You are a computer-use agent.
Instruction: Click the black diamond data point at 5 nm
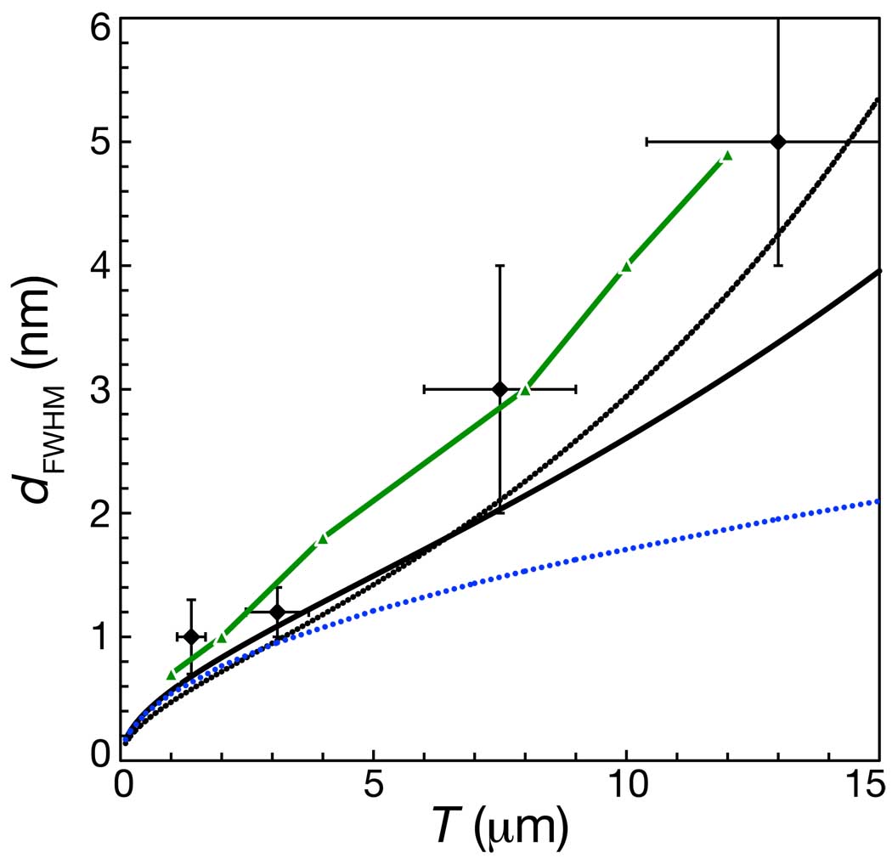[777, 142]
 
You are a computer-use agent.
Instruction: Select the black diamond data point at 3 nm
[500, 389]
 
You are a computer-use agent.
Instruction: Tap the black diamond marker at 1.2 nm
[276, 612]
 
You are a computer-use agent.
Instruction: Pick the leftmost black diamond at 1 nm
[190, 636]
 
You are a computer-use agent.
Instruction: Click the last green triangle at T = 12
[727, 155]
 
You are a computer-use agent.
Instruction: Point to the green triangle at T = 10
[626, 267]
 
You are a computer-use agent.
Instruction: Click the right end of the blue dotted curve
[878, 501]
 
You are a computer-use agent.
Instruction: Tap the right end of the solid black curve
[878, 271]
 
